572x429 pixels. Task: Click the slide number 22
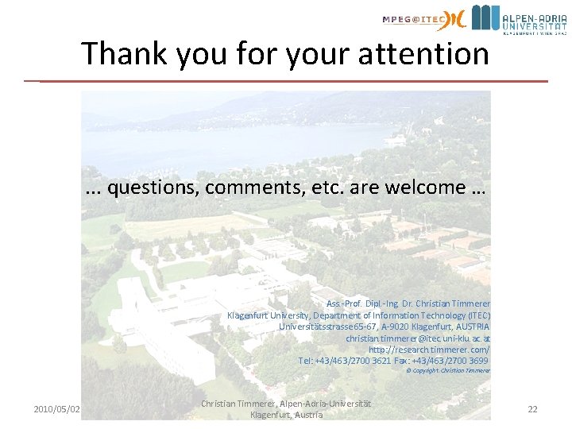(x=532, y=409)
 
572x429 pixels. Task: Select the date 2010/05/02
(x=56, y=409)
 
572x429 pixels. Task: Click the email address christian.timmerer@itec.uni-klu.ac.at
(x=418, y=338)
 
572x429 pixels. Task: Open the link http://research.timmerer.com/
(x=429, y=350)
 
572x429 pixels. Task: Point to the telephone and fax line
(x=394, y=361)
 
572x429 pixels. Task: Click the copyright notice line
(x=448, y=370)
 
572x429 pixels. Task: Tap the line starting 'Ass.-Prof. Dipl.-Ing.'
(x=408, y=304)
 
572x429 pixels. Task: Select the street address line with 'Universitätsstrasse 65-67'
(x=385, y=327)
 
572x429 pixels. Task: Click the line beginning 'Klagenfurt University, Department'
(x=358, y=315)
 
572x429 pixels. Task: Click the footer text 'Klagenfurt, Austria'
(x=286, y=415)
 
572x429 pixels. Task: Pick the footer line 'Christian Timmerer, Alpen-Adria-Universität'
(x=286, y=404)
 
